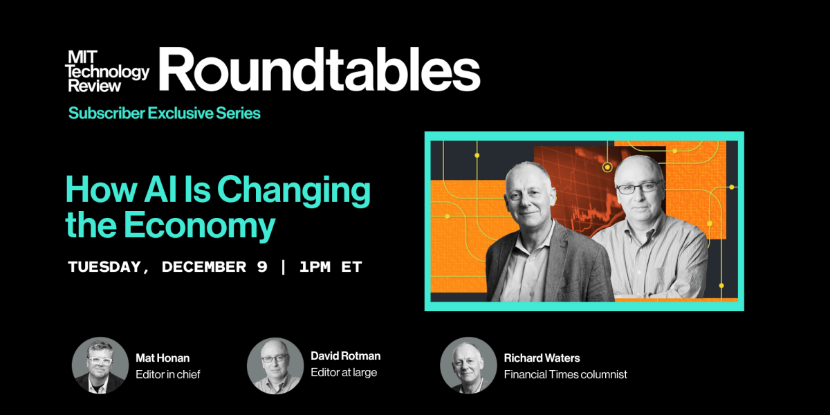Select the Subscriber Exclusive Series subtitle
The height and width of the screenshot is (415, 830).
click(x=164, y=113)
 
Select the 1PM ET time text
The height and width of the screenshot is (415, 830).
click(x=331, y=267)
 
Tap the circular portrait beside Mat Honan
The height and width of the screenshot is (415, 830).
click(x=100, y=365)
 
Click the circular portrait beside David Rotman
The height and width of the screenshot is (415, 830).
click(x=275, y=365)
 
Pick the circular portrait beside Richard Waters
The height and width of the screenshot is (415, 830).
click(x=468, y=365)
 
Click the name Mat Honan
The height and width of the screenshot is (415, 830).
click(x=163, y=358)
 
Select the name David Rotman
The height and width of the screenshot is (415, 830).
click(x=346, y=356)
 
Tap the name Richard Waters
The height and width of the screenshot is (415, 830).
click(x=542, y=358)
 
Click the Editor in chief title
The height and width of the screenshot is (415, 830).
click(x=168, y=374)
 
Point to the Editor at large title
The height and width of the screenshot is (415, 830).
click(x=344, y=373)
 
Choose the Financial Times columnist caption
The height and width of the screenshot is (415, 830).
click(x=565, y=374)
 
